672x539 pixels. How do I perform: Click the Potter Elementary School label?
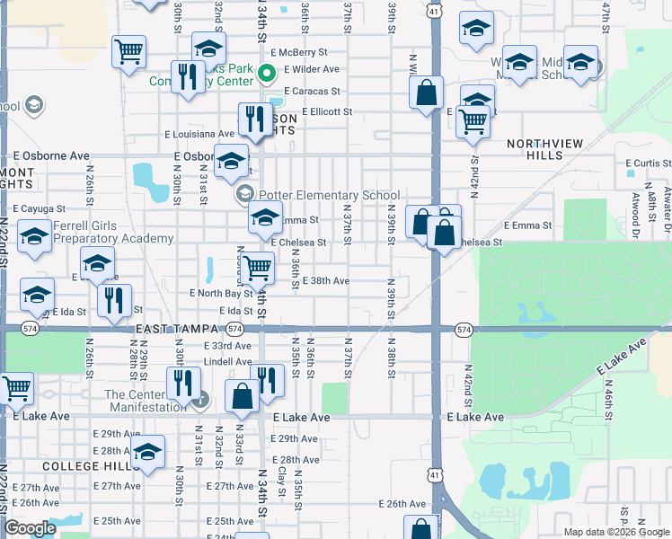coord(329,195)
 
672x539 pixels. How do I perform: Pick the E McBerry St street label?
coord(303,52)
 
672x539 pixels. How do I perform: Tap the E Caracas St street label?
coord(312,91)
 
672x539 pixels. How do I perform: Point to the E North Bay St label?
coord(221,294)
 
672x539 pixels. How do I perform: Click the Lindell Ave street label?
coord(227,361)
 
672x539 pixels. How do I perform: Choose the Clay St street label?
coord(282,482)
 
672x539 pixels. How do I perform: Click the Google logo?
coord(31,528)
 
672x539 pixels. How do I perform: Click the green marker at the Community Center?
coord(267,73)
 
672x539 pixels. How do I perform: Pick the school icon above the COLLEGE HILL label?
coord(148,451)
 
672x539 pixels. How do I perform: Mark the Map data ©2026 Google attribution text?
coord(615,532)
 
